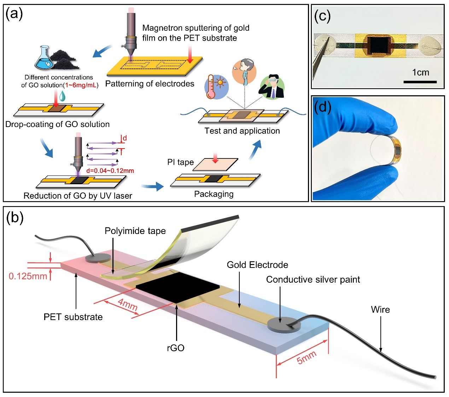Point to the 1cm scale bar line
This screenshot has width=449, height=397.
click(420, 82)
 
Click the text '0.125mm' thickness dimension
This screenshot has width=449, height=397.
click(28, 276)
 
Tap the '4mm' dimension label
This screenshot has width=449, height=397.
click(128, 304)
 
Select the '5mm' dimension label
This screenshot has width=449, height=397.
click(306, 357)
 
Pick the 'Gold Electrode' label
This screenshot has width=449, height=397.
click(257, 265)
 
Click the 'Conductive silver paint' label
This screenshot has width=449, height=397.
click(313, 279)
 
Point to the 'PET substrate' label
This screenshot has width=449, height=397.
click(73, 317)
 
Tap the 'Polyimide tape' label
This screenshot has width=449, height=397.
click(135, 231)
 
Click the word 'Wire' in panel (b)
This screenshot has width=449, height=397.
click(380, 309)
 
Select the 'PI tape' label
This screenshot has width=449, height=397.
click(181, 162)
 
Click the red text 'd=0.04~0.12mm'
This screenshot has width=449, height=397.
click(110, 171)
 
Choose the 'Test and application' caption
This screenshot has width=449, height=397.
click(242, 131)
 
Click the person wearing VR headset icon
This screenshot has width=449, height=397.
click(272, 87)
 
